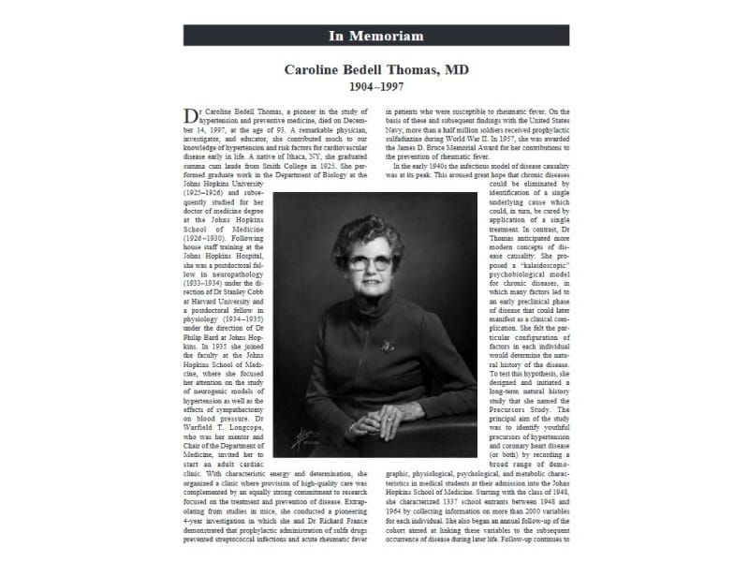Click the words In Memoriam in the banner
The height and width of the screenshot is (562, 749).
376,36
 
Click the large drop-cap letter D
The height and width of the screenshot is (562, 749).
191,114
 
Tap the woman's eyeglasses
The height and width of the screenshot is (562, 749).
369,262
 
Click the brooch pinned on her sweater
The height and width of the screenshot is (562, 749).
387,345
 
